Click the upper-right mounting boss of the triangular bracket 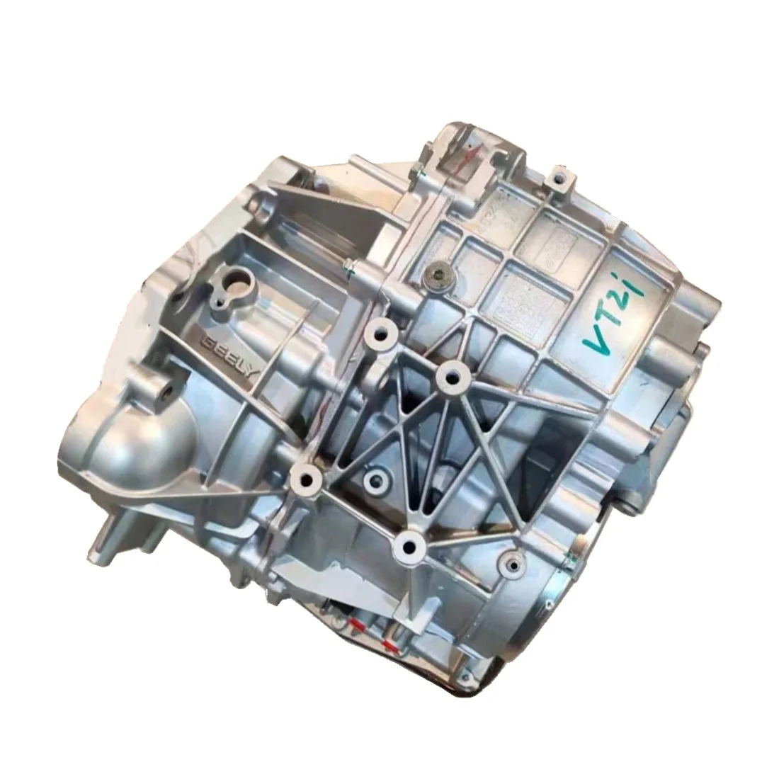449,376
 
